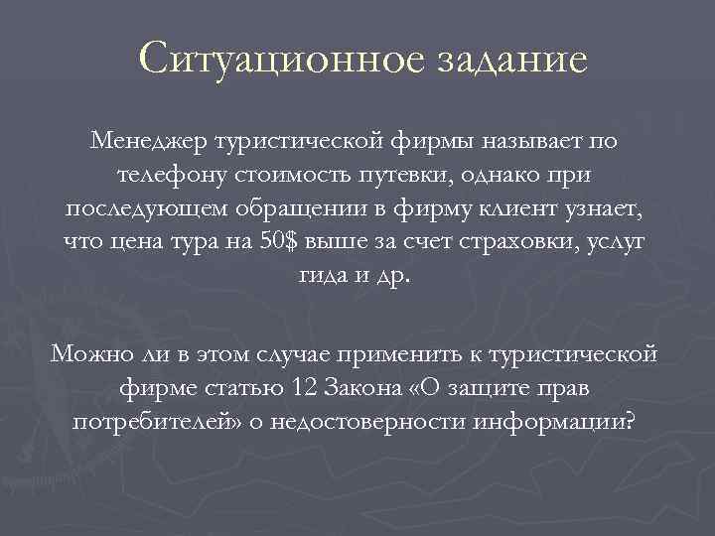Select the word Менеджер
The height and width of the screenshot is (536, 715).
pos(148,141)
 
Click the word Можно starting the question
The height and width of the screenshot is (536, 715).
pos(91,351)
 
